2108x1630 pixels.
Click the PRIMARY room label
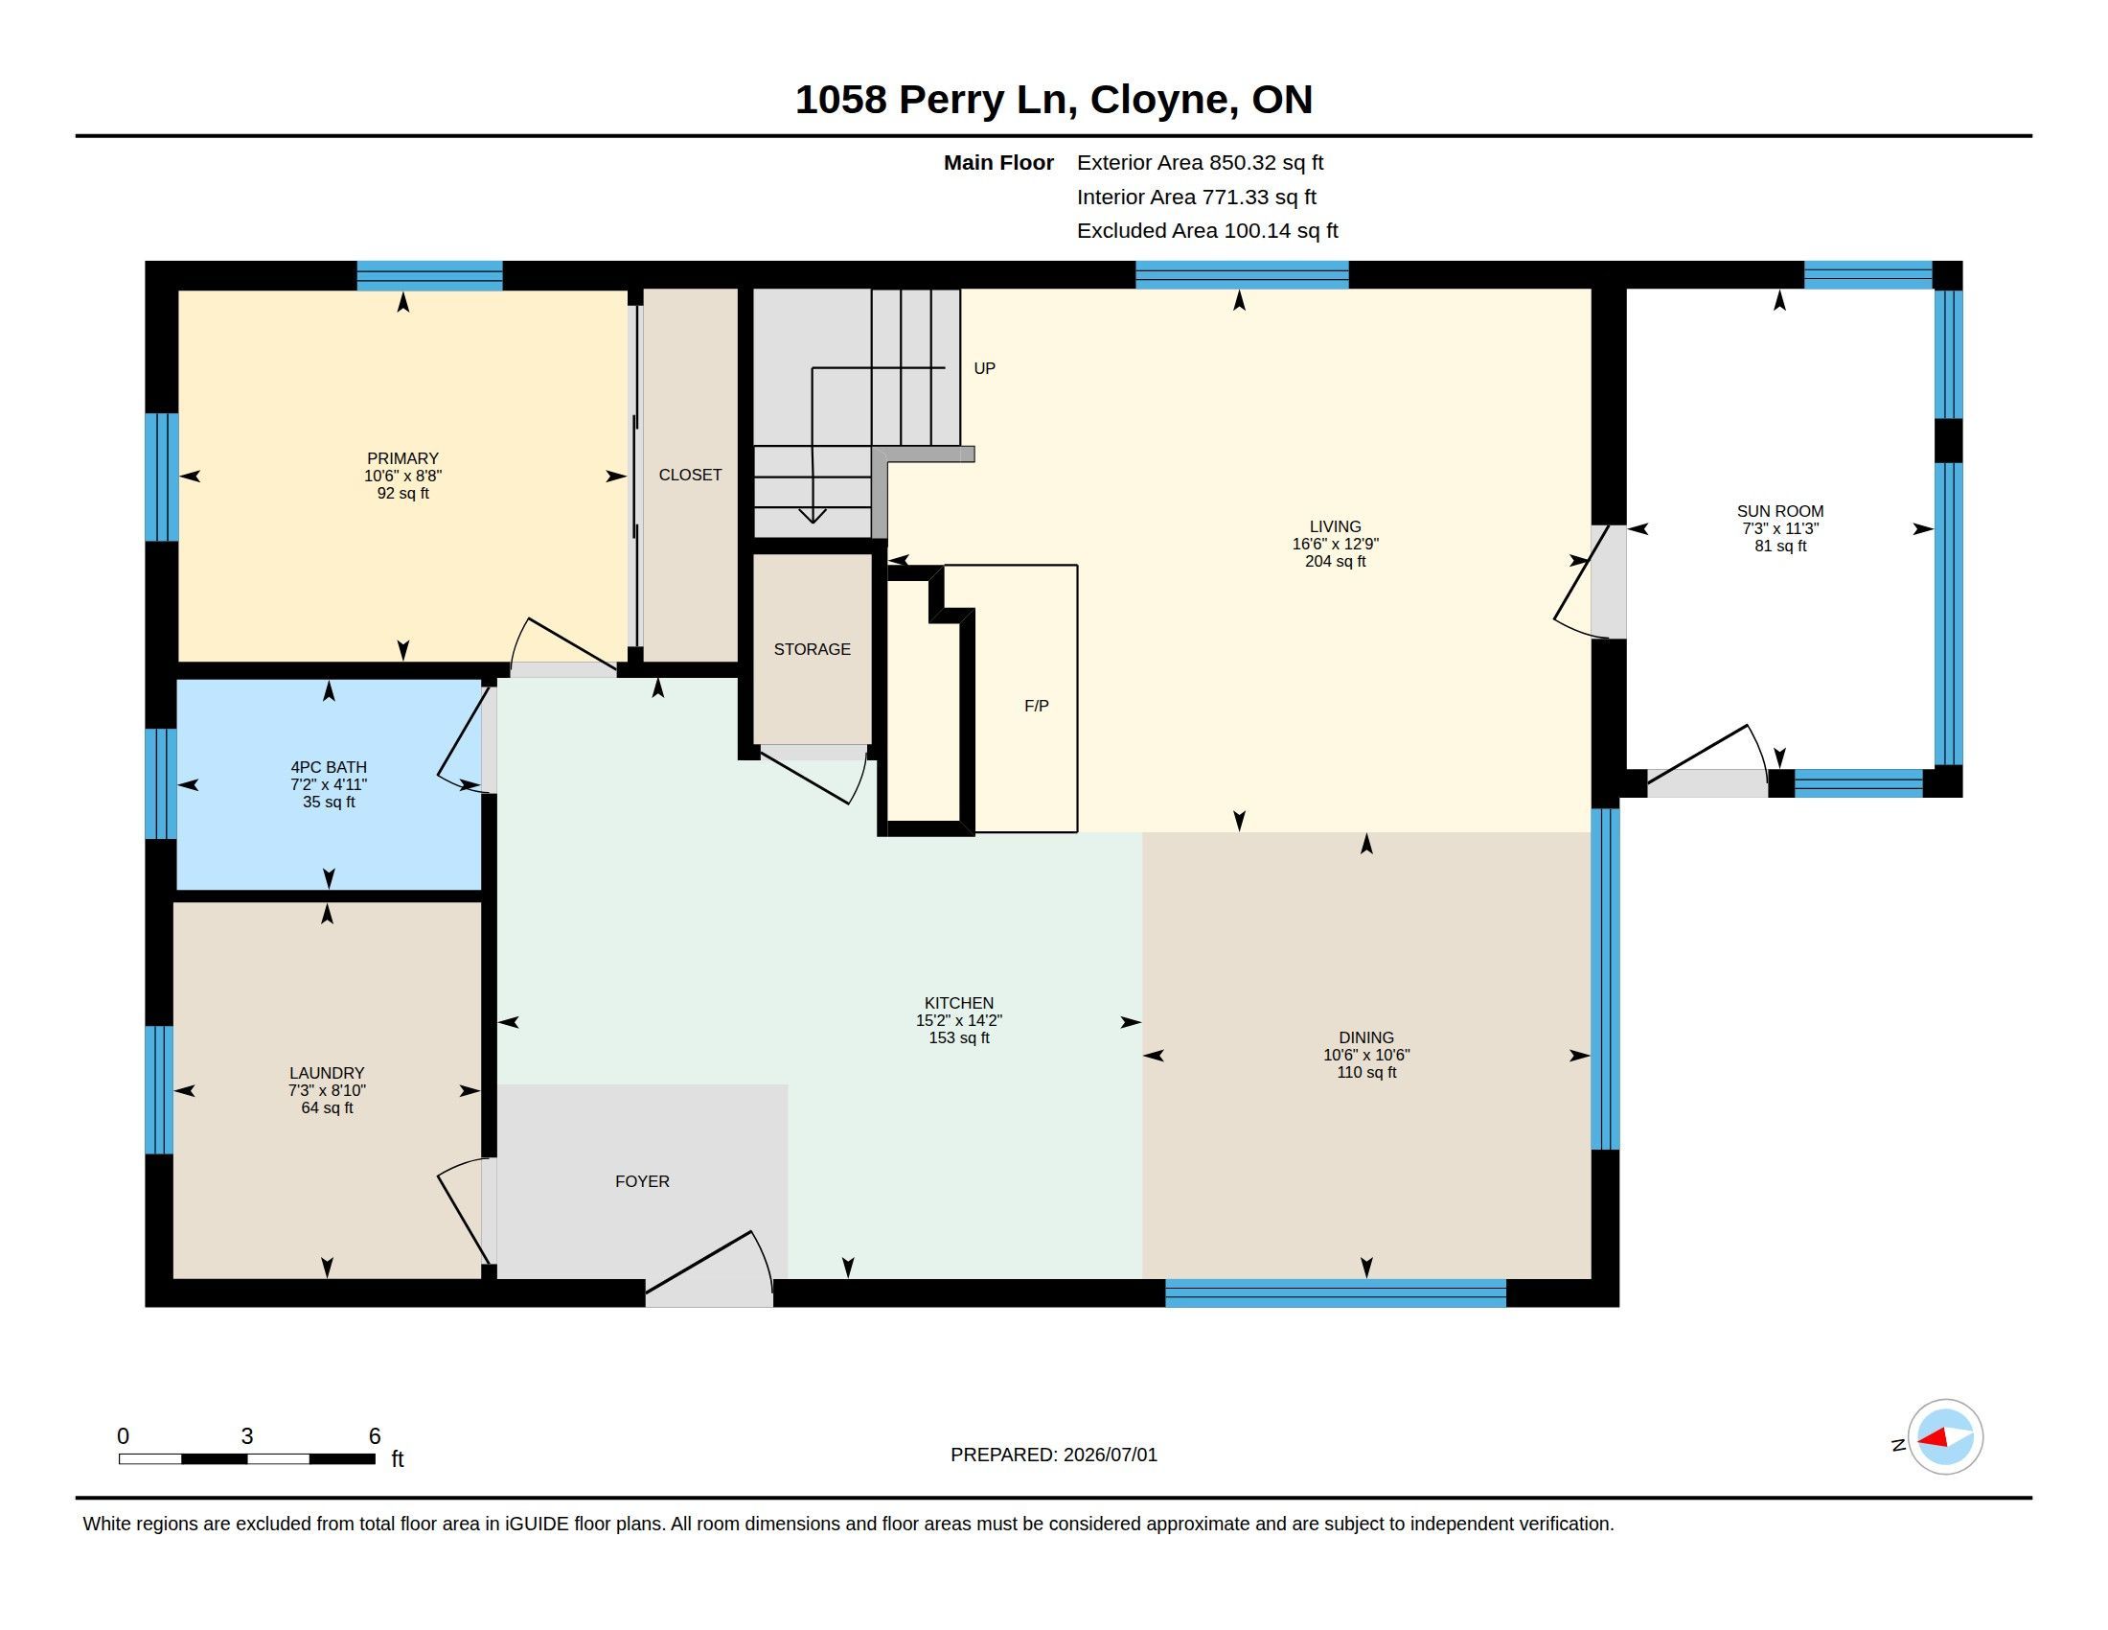pos(402,458)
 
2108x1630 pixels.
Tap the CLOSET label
pos(690,475)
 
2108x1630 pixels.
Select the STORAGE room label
pos(812,650)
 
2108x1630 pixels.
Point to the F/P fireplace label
pos(1037,706)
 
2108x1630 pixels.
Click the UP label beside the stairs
pos(984,368)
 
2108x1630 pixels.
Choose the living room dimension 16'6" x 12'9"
pos(1336,544)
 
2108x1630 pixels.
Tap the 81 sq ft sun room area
pos(1781,547)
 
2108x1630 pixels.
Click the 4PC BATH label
pos(329,768)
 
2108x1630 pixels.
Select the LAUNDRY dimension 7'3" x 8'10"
pos(327,1090)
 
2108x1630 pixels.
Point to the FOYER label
pos(642,1182)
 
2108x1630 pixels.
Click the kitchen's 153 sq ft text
pos(958,1038)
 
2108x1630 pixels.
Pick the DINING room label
pos(1366,1038)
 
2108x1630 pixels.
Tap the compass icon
pos(1945,1437)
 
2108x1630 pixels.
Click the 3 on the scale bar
pos(247,1436)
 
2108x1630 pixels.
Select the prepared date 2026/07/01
pos(1110,1455)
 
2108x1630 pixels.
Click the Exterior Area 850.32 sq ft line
pos(1201,163)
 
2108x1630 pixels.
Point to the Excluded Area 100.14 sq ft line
pos(1207,231)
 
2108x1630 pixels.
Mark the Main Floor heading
pos(999,163)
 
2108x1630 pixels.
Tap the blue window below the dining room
pos(1336,1293)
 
